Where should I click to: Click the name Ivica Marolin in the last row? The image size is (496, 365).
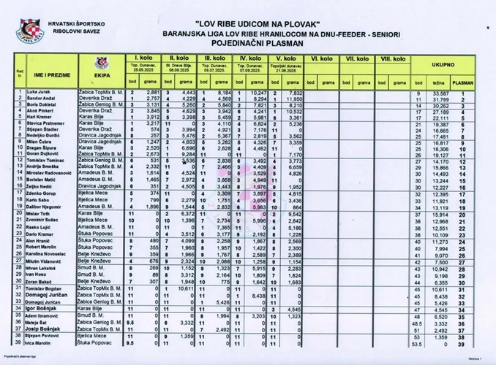click(41, 342)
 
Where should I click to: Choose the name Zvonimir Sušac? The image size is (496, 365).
click(43, 219)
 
